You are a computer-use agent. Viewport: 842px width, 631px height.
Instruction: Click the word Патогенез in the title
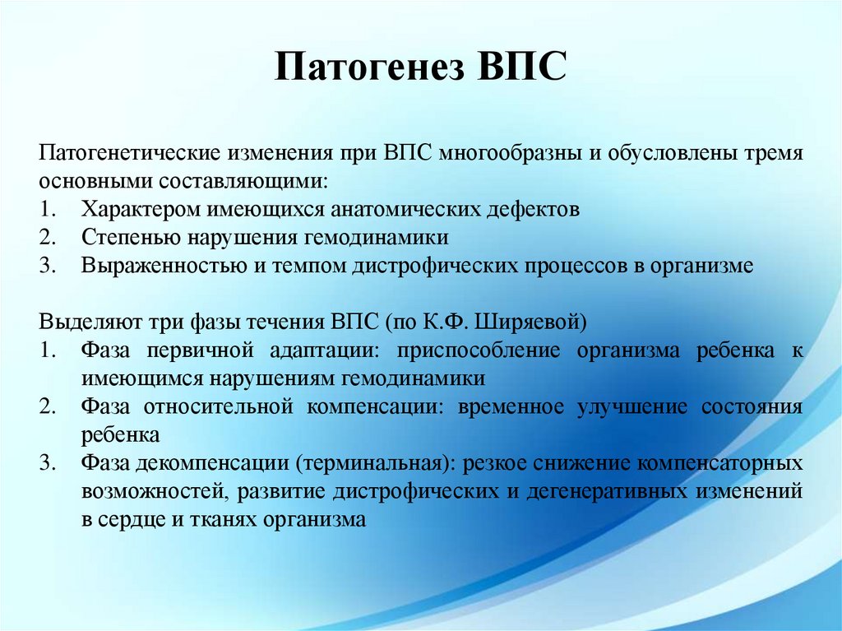pos(368,67)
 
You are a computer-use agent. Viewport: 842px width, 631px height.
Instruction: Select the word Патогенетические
pos(129,153)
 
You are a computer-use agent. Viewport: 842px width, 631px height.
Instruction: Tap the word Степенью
pos(129,238)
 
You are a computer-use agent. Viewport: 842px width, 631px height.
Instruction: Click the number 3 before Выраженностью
pos(47,266)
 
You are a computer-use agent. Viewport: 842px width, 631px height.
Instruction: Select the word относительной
pos(219,407)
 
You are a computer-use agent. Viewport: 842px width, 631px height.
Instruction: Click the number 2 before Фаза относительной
pos(47,406)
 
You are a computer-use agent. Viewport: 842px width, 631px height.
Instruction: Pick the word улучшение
pos(632,407)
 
